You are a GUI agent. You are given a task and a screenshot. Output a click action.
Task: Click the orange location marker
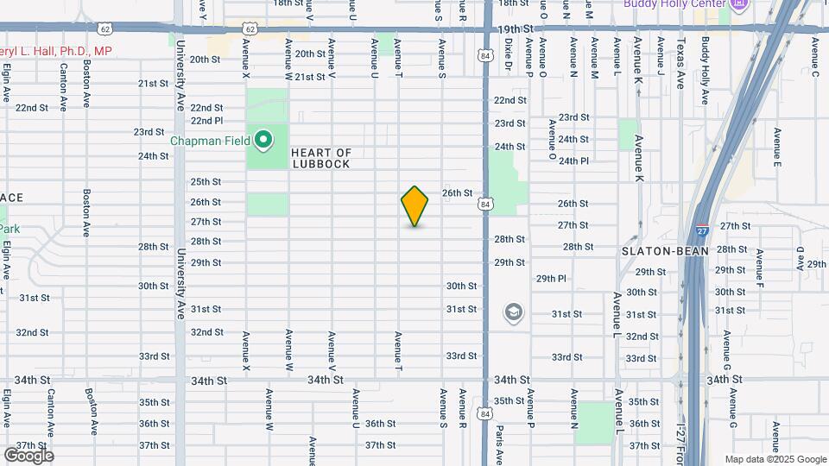(415, 206)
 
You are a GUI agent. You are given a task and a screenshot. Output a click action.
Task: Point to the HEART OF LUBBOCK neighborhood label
(321, 158)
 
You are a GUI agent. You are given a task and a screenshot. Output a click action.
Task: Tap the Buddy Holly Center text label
(674, 4)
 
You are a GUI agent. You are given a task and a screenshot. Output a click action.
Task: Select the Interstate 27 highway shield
(702, 231)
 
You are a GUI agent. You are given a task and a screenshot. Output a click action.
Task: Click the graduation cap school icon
(513, 312)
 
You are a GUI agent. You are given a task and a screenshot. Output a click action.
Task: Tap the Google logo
(28, 455)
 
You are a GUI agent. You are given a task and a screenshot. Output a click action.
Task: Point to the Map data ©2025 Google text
(775, 459)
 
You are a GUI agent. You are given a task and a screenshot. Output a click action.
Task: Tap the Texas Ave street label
(681, 62)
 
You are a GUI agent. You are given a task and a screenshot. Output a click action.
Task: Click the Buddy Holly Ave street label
(705, 70)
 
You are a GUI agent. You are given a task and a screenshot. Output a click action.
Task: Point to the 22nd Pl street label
(206, 121)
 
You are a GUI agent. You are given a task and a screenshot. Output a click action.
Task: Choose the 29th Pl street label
(551, 279)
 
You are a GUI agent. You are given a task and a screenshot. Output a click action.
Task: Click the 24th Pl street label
(573, 161)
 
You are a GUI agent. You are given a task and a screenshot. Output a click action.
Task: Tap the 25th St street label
(206, 182)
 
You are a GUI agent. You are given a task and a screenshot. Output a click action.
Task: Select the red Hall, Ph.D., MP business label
(56, 52)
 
